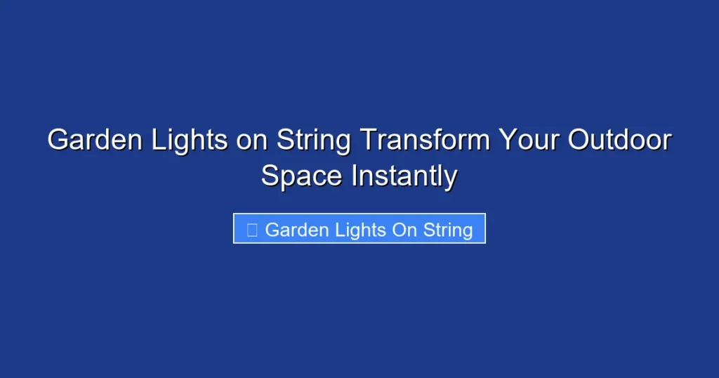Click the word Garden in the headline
click(x=87, y=141)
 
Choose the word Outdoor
click(x=619, y=141)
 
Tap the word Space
click(x=302, y=176)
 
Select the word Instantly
click(x=404, y=176)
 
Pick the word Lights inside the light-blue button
click(x=358, y=230)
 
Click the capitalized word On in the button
click(x=404, y=230)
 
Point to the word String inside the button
click(x=448, y=230)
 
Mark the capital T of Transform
click(x=367, y=141)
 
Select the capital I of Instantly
click(x=355, y=176)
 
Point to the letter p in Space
click(x=288, y=177)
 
